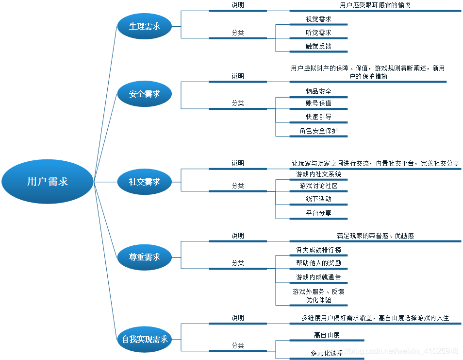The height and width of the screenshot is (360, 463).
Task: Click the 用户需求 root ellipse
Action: point(47,182)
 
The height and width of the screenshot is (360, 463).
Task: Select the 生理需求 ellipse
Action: point(145,26)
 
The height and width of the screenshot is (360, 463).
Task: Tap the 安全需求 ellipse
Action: point(145,94)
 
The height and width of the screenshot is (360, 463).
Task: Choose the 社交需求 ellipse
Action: point(145,182)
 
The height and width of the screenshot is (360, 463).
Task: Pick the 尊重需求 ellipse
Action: point(145,257)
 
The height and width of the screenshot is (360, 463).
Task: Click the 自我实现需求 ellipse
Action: point(145,339)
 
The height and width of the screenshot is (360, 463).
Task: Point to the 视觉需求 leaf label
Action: point(318,19)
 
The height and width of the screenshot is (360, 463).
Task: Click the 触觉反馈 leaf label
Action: point(318,46)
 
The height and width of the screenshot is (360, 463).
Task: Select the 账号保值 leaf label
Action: point(318,103)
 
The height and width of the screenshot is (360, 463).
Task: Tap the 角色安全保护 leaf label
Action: point(318,131)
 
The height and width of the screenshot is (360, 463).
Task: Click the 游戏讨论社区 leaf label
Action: point(318,186)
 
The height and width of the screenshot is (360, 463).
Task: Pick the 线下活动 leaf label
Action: point(318,199)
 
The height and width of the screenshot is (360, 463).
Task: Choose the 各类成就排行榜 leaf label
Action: point(318,250)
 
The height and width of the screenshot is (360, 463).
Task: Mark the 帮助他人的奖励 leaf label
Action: point(318,263)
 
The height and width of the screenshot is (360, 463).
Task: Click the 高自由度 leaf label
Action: point(327,335)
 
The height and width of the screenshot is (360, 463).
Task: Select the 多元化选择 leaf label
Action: point(327,353)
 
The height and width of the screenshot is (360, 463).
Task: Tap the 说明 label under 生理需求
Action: point(238,5)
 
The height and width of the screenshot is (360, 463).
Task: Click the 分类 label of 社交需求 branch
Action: point(238,186)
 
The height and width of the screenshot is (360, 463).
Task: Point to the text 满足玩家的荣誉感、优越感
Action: point(375,236)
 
